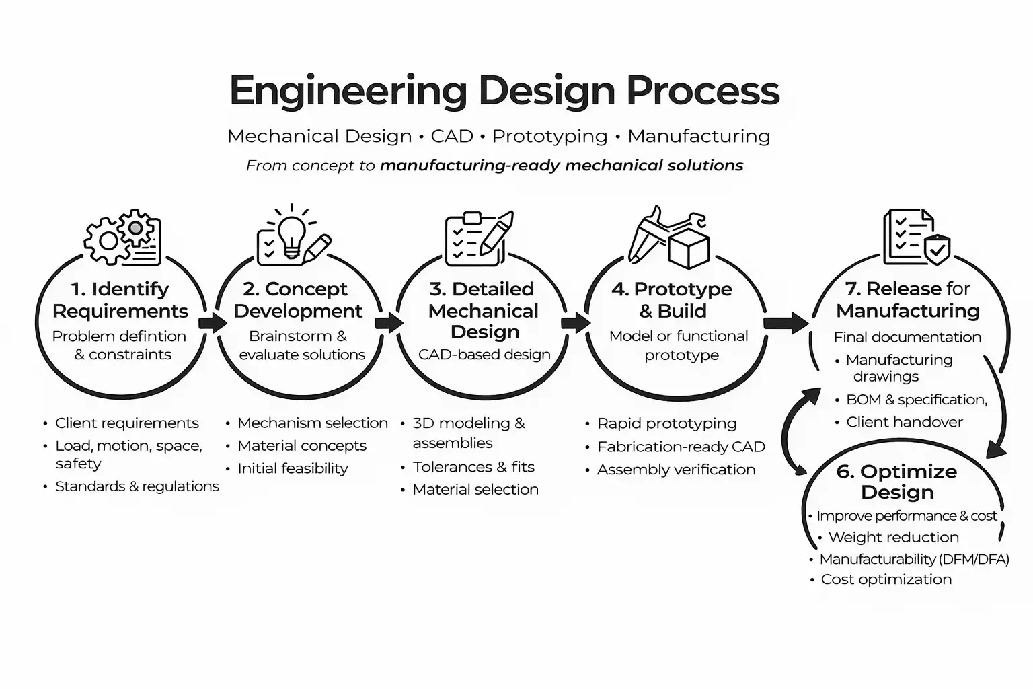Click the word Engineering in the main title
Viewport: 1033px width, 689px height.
[x=348, y=91]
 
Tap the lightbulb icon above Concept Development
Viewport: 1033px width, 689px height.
[x=291, y=235]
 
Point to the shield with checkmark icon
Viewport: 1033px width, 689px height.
[x=937, y=250]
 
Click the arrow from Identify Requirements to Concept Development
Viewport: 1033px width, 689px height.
[x=213, y=323]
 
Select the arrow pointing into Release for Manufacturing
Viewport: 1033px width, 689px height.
[x=786, y=323]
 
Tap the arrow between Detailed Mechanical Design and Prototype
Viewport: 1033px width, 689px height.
[x=575, y=323]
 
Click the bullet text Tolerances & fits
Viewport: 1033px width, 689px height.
[x=473, y=467]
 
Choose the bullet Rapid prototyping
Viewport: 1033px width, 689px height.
[x=666, y=423]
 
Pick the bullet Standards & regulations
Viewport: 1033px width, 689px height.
[x=137, y=486]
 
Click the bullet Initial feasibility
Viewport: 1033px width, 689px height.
[x=293, y=468]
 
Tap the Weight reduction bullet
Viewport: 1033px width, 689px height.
[x=893, y=537]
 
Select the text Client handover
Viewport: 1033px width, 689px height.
[x=904, y=422]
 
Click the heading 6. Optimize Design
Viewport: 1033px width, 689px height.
[x=897, y=481]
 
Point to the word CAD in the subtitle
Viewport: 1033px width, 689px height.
[x=452, y=136]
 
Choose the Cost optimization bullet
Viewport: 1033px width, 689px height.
[x=886, y=579]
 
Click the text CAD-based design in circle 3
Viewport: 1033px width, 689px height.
[x=484, y=355]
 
